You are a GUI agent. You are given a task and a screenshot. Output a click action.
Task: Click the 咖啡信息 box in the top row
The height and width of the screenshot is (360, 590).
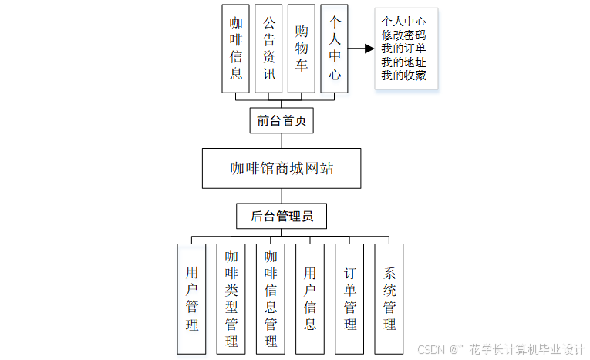tap(236, 49)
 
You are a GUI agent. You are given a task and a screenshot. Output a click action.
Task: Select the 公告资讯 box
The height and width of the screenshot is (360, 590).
tap(268, 49)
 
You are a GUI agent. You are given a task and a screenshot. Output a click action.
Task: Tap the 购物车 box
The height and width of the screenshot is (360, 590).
tap(302, 49)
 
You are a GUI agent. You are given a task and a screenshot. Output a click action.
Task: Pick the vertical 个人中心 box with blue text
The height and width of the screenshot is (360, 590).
tap(335, 49)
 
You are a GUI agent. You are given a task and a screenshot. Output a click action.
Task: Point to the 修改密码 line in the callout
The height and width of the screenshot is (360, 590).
tap(403, 35)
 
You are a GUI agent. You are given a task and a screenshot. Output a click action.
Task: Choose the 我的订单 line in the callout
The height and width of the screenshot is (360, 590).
tap(403, 49)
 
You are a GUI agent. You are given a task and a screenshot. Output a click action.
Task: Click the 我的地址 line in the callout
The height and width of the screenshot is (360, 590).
tap(403, 62)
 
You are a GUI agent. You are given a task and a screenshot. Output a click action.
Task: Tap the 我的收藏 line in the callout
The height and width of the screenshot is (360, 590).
tap(403, 76)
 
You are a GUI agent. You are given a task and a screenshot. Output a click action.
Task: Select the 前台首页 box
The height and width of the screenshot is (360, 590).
tap(282, 120)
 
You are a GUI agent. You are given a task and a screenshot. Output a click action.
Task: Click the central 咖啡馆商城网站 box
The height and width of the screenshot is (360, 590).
tap(282, 168)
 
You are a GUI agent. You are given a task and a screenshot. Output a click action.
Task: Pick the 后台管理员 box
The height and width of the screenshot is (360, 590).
tap(282, 217)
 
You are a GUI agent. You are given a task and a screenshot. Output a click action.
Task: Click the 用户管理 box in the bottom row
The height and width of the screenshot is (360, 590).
tap(192, 299)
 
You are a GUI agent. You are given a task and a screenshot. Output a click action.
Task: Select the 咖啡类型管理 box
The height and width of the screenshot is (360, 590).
tap(231, 299)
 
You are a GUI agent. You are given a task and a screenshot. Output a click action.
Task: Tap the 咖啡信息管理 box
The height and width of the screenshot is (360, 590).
tap(271, 299)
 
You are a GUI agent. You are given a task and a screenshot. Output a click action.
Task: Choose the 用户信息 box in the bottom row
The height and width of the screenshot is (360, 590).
tap(310, 299)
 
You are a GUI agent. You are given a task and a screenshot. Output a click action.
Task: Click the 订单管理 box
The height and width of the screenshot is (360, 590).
tap(349, 299)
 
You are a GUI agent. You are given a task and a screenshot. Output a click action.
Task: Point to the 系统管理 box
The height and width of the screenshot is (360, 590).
tap(389, 299)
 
